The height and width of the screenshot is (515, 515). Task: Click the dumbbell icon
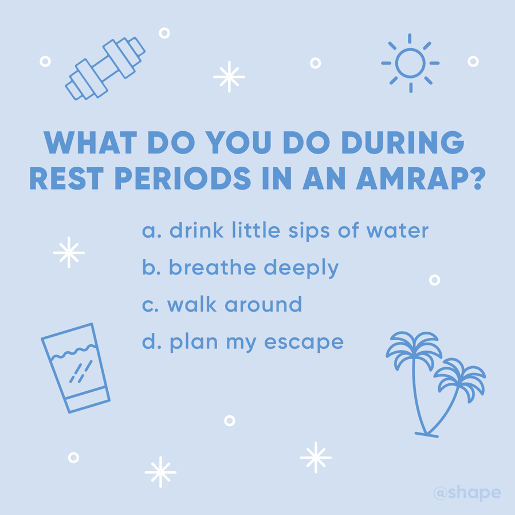tap(105, 68)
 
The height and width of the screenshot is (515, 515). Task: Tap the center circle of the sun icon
tap(410, 63)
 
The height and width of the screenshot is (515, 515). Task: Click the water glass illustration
tap(76, 368)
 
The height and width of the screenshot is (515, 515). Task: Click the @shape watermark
tap(467, 493)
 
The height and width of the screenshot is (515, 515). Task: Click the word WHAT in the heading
tap(91, 143)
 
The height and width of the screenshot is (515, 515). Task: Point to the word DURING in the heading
tap(403, 143)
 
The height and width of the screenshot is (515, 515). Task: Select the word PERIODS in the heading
tap(183, 178)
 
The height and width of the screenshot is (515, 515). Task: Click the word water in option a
tap(398, 230)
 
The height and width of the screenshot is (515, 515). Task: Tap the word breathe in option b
tap(212, 267)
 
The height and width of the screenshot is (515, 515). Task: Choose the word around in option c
tap(264, 304)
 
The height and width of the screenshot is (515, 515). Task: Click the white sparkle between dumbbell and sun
tap(229, 77)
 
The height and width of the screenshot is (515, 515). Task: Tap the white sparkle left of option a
tap(69, 253)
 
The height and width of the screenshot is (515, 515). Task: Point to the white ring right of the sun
tap(473, 61)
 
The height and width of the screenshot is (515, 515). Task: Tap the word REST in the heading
tap(66, 178)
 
